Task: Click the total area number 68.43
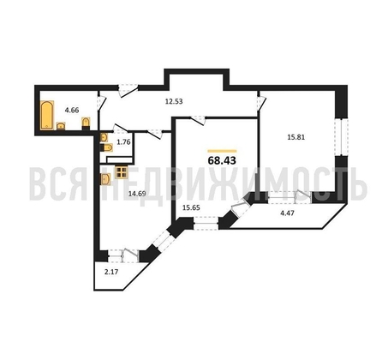[x=222, y=161]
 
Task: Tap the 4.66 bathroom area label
[x=72, y=110]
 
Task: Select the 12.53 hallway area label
[x=174, y=101]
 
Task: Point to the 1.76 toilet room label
[x=124, y=142]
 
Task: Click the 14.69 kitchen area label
[x=137, y=194]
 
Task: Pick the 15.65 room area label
[x=191, y=207]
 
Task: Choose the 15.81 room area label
[x=296, y=137]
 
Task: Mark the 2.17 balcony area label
[x=111, y=272]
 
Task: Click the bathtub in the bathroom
[x=47, y=115]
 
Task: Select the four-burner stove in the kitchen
[x=121, y=172]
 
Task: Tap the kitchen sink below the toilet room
[x=106, y=180]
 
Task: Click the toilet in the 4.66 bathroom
[x=86, y=123]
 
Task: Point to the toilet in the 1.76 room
[x=106, y=147]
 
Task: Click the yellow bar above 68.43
[x=222, y=151]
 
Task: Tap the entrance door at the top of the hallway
[x=128, y=90]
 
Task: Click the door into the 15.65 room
[x=199, y=119]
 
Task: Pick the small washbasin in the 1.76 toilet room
[x=104, y=138]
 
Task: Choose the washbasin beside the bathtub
[x=61, y=126]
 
